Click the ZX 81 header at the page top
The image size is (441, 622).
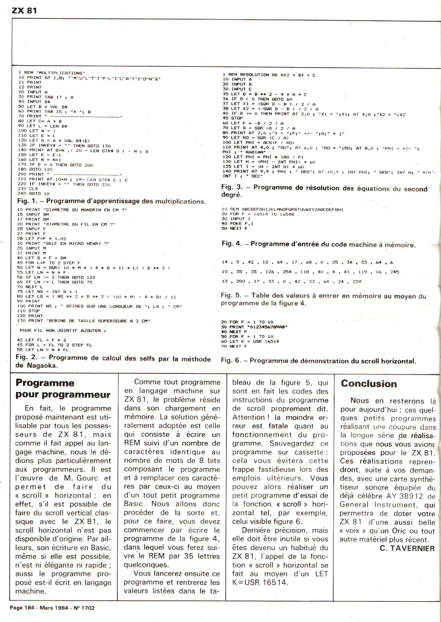[24, 11]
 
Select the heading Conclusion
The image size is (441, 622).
[369, 384]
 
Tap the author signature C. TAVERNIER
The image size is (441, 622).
[407, 548]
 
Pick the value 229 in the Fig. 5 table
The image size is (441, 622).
[357, 282]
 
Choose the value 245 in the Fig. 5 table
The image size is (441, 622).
[394, 272]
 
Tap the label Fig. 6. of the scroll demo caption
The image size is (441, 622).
[231, 361]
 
